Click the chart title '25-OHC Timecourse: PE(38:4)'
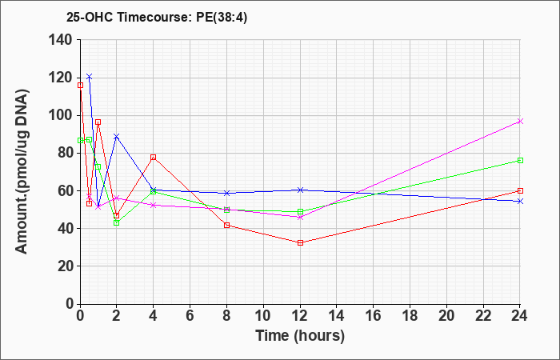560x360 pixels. [157, 18]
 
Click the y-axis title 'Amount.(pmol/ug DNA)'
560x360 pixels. [22, 171]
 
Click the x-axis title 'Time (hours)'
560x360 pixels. [300, 336]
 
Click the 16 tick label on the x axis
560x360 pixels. [374, 316]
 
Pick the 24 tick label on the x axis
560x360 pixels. [520, 316]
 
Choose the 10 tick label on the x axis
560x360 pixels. [263, 316]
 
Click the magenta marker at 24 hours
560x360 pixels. [520, 122]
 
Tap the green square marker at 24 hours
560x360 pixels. [520, 160]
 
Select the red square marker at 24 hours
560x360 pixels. [520, 190]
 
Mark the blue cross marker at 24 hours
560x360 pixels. [520, 201]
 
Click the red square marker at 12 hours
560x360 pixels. [300, 243]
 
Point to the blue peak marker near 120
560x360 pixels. [90, 77]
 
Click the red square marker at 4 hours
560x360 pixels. [154, 157]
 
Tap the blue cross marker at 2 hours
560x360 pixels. [117, 137]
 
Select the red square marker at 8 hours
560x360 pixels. [226, 225]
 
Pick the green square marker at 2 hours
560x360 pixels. [117, 223]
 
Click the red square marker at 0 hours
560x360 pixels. [80, 85]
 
